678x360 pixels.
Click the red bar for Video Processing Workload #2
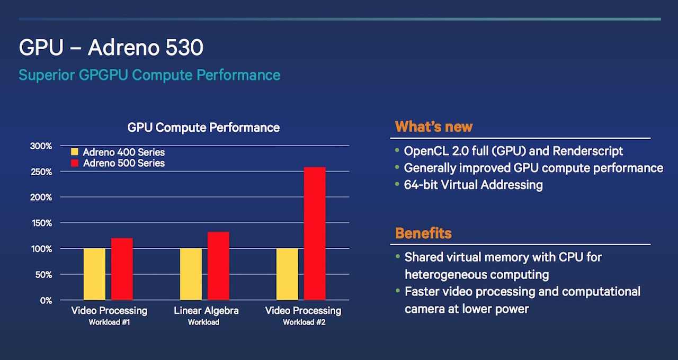tap(315, 233)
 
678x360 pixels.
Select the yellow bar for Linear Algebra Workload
tap(191, 274)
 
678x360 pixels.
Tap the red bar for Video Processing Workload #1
tap(122, 269)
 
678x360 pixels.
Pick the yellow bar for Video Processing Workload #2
tap(287, 274)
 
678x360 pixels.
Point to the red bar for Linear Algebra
tap(218, 266)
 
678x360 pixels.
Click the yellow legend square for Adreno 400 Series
tap(75, 152)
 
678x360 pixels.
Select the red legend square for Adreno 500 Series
tap(75, 163)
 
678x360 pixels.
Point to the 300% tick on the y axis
tap(40, 146)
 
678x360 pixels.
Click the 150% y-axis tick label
tap(40, 223)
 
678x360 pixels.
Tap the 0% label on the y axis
tap(46, 301)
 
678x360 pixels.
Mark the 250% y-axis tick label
tap(40, 172)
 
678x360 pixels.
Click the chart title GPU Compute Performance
tap(203, 128)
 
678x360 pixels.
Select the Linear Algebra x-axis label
tap(206, 311)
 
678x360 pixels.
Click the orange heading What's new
tap(433, 127)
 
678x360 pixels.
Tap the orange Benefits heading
tap(423, 233)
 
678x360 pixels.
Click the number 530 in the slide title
tap(183, 48)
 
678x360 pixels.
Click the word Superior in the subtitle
tap(47, 75)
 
